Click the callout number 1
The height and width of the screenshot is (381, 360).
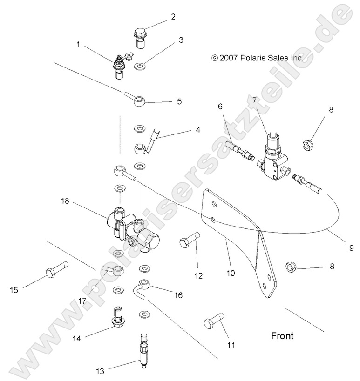(78, 45)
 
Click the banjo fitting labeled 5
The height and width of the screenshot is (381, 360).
(138, 100)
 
